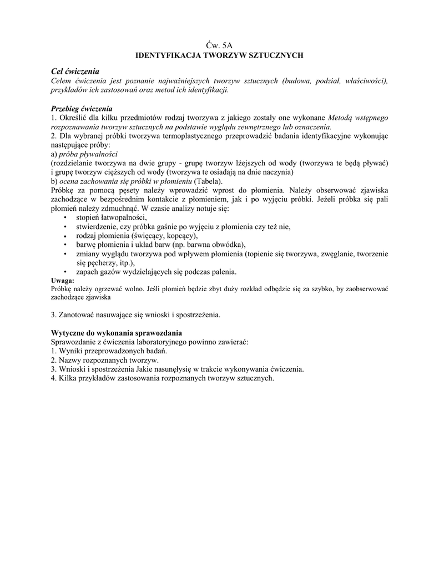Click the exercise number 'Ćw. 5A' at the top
point(219,46)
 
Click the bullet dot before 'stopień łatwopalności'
point(66,217)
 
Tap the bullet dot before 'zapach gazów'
point(66,272)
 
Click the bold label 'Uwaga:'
point(62,281)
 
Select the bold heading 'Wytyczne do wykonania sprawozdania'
point(116,333)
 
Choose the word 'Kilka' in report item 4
point(69,378)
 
